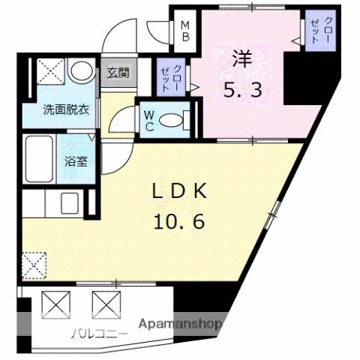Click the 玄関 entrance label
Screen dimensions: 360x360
(116, 73)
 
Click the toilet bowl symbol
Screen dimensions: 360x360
(172, 120)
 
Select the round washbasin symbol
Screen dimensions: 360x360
(79, 71)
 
